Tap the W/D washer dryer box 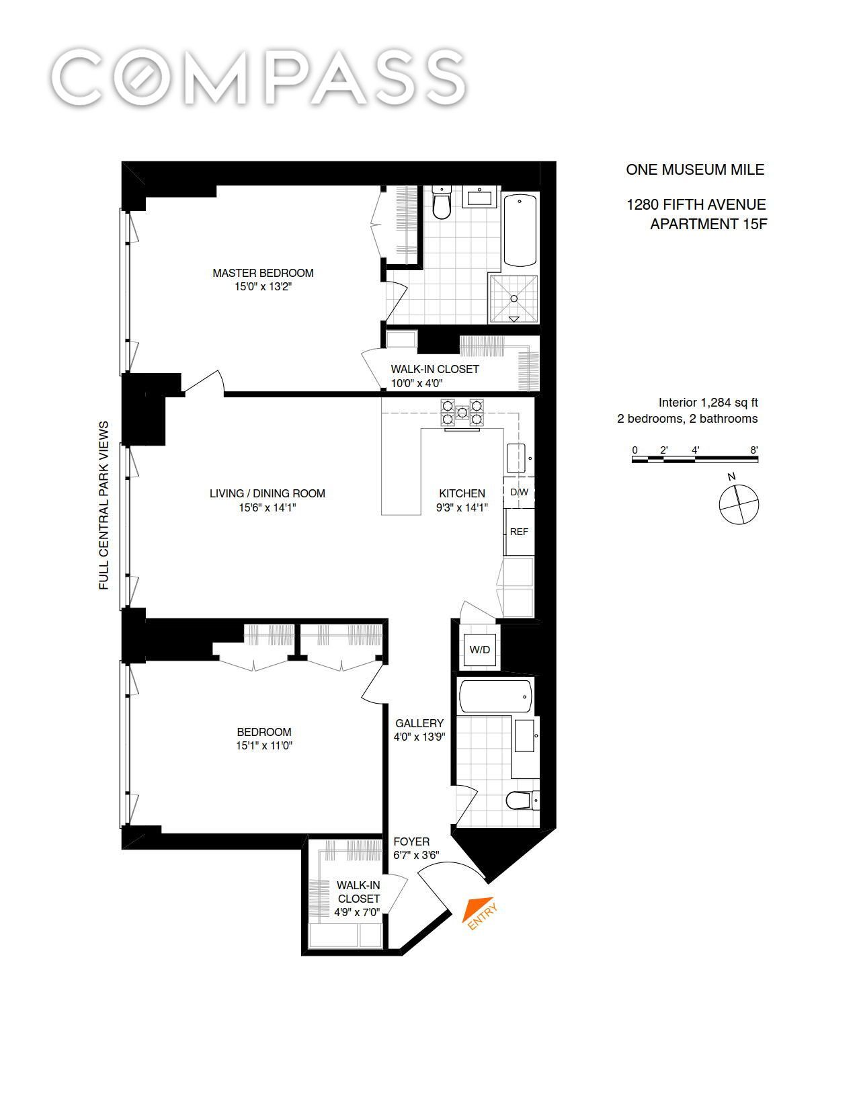(x=479, y=649)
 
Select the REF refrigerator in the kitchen (x=519, y=531)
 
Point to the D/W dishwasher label (x=519, y=492)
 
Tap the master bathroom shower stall (x=514, y=299)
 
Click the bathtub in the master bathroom (x=520, y=230)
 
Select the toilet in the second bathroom (x=522, y=800)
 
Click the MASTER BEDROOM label (x=263, y=273)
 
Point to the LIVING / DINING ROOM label (x=267, y=493)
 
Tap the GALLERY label (x=419, y=723)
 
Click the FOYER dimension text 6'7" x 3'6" (x=416, y=855)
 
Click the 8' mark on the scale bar (x=754, y=450)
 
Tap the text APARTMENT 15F (x=708, y=224)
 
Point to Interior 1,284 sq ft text (x=708, y=403)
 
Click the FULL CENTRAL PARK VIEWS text (x=104, y=505)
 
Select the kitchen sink (x=516, y=458)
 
